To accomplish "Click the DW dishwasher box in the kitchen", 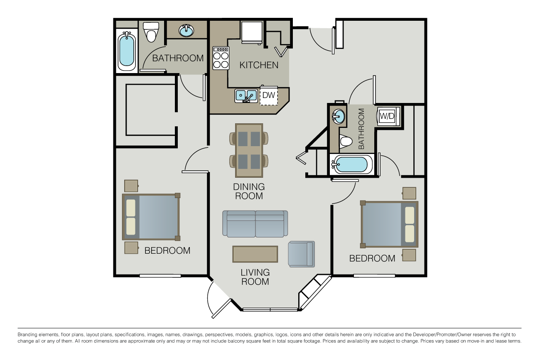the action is (269, 96).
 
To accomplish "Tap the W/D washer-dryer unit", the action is (388, 116).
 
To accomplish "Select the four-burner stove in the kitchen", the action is (221, 58).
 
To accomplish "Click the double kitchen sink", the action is (246, 96).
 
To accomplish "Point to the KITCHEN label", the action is (259, 65).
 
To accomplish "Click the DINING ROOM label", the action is (249, 191).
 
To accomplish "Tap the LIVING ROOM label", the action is (255, 277).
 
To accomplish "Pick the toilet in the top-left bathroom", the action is (151, 32).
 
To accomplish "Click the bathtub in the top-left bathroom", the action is (127, 51).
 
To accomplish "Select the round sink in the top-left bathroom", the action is (186, 31).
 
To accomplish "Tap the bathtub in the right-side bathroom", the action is (351, 164).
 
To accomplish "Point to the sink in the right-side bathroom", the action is (339, 117).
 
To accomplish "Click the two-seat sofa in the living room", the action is (255, 224).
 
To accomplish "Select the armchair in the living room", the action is (301, 254).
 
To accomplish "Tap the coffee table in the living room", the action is (255, 254).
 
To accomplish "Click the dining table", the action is (249, 150).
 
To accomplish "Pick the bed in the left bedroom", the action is (151, 217).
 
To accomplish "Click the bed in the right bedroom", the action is (389, 224).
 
